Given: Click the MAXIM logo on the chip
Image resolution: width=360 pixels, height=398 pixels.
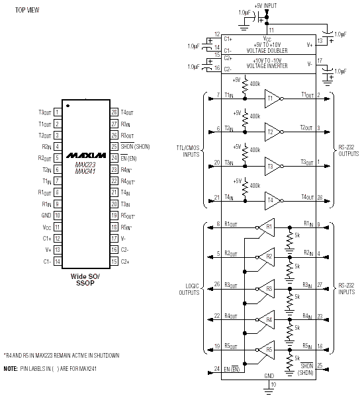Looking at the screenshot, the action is [86, 155].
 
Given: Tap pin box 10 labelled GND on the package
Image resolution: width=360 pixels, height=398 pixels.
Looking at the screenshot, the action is [58, 216].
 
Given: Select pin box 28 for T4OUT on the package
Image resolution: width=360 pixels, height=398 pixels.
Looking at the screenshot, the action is [114, 112].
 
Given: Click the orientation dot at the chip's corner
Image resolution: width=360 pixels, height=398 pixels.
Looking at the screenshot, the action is [67, 106].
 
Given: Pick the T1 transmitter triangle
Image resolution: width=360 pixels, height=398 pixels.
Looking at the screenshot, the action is [272, 99].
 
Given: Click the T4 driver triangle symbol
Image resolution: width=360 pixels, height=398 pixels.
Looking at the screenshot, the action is [272, 201].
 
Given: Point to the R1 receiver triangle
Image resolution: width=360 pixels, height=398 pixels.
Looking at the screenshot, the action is [267, 227].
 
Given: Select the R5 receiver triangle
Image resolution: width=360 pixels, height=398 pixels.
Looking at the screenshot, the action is [267, 350].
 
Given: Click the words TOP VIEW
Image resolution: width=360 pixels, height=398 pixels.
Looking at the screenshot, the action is [27, 10].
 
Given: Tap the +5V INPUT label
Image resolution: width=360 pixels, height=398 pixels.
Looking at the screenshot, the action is [265, 5].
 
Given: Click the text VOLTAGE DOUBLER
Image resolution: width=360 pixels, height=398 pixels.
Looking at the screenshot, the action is [267, 51].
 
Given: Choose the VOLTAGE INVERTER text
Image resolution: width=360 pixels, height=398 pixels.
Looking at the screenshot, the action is [267, 66].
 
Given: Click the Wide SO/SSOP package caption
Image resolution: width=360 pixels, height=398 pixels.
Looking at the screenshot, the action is [85, 280].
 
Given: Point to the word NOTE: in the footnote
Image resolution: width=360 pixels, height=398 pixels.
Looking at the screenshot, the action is [11, 368].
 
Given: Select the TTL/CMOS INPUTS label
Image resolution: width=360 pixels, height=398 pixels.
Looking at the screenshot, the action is [188, 151].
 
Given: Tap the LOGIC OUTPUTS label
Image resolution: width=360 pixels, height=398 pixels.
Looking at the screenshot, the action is [189, 290].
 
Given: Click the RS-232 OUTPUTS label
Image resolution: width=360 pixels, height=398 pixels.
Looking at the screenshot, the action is [349, 151].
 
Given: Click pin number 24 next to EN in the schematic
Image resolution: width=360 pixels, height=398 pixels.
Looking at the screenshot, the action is [216, 368].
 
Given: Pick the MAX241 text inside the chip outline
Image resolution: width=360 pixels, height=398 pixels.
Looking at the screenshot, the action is [85, 172].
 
